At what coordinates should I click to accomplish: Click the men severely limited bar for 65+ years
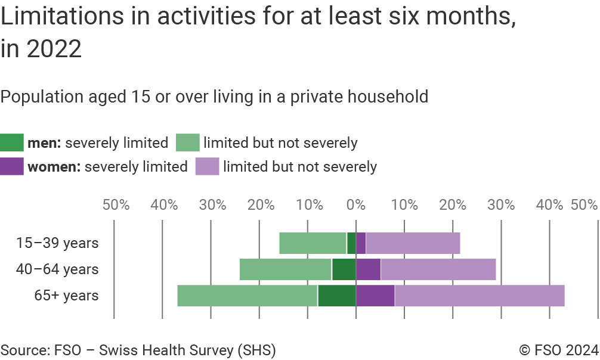pyautogui.click(x=336, y=296)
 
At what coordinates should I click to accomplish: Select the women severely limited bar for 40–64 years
pyautogui.click(x=368, y=269)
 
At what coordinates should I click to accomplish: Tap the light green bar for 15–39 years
pyautogui.click(x=313, y=243)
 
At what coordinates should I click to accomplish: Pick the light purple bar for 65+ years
pyautogui.click(x=480, y=296)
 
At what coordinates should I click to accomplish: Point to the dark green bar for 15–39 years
pyautogui.click(x=351, y=243)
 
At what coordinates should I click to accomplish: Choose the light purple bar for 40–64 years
pyautogui.click(x=438, y=269)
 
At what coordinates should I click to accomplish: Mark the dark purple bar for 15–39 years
pyautogui.click(x=361, y=243)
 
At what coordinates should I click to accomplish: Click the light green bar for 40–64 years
pyautogui.click(x=286, y=269)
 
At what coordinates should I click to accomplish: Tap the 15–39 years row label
pyautogui.click(x=57, y=243)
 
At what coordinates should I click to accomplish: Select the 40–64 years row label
pyautogui.click(x=57, y=269)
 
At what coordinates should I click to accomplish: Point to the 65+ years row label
pyautogui.click(x=66, y=296)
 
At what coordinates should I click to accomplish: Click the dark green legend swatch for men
pyautogui.click(x=12, y=143)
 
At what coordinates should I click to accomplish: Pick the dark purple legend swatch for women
pyautogui.click(x=12, y=166)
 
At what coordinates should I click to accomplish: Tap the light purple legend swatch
pyautogui.click(x=207, y=166)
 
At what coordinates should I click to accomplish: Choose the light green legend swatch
pyautogui.click(x=187, y=143)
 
